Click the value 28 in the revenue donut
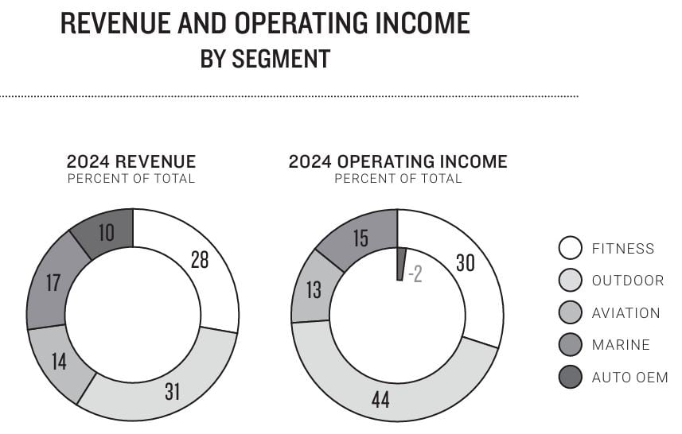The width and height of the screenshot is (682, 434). tap(200, 259)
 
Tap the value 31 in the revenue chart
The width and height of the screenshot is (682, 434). tap(173, 391)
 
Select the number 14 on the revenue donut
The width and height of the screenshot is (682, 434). tap(58, 362)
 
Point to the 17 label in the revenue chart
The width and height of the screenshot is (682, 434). tap(53, 283)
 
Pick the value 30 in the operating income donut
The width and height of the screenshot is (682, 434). tap(465, 263)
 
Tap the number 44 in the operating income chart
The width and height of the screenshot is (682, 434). tap(380, 399)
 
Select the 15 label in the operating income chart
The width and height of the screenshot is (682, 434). tap(360, 238)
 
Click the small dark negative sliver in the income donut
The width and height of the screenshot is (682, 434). tap(401, 264)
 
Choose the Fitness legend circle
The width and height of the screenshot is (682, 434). tap(570, 249)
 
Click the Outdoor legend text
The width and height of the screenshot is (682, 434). tap(627, 281)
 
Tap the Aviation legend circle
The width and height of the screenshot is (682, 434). tap(570, 313)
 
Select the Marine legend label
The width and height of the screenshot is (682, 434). tap(621, 345)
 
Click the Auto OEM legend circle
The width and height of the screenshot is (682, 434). tap(570, 378)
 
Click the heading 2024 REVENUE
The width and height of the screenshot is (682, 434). tap(131, 161)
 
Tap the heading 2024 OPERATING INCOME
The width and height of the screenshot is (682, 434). tap(397, 161)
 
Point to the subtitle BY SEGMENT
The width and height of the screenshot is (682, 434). tap(265, 60)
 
